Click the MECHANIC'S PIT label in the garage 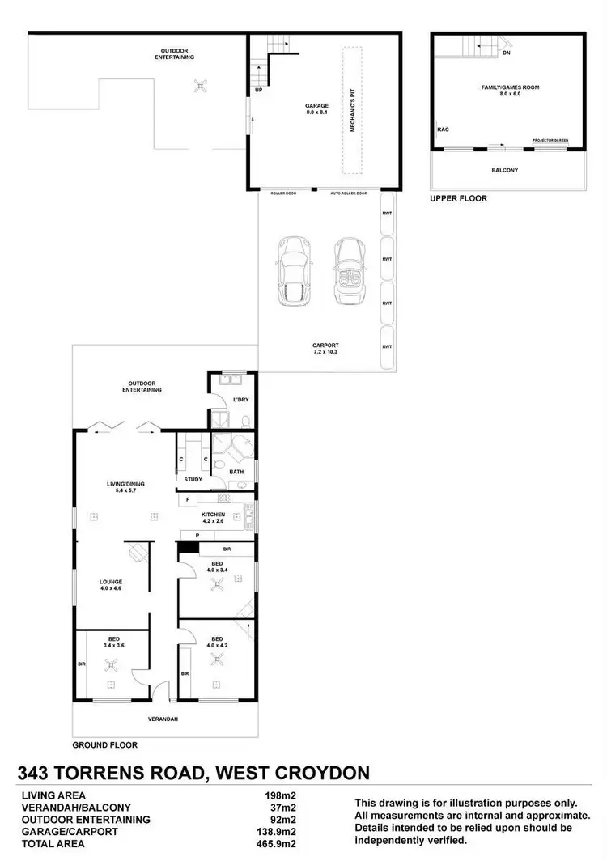coord(354,109)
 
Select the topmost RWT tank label coord(387,213)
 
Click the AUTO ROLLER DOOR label coord(349,193)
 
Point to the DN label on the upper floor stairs coord(506,53)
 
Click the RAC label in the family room coord(443,129)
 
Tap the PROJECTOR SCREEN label coord(550,141)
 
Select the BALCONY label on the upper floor coord(505,170)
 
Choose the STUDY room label coord(193,480)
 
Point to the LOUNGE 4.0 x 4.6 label coord(111,584)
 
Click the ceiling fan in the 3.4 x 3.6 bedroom coord(112,665)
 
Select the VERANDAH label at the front coord(163,719)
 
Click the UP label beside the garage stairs coord(258,90)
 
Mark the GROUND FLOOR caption coord(105,744)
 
